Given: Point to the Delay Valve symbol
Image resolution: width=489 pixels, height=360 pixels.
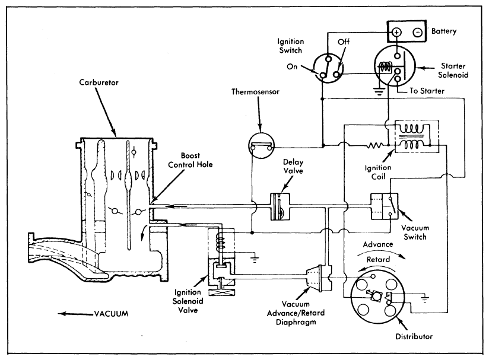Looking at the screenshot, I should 279,206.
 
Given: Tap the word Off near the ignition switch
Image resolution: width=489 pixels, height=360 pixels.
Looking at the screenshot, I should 343,42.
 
